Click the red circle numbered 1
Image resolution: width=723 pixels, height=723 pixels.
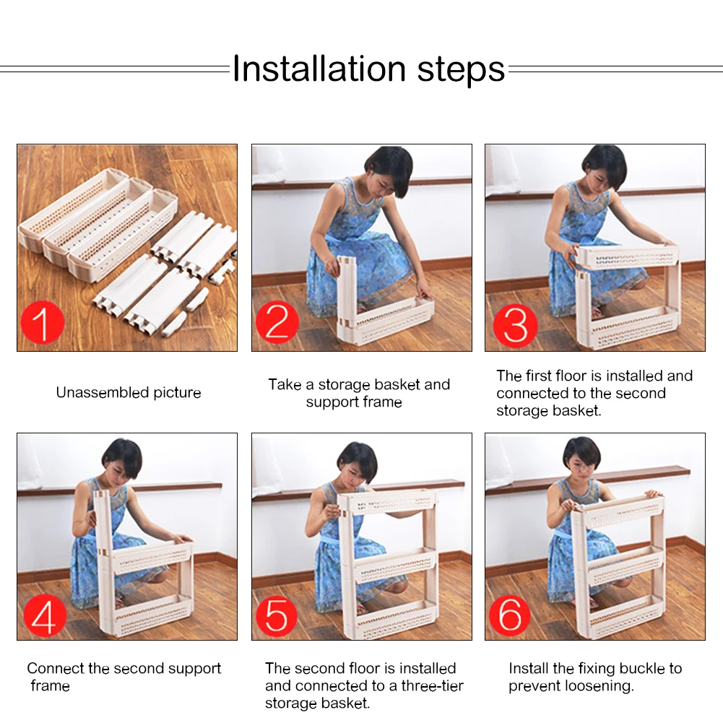click(42, 322)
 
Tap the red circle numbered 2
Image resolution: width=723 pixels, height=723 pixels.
click(277, 322)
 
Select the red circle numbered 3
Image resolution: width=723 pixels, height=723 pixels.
click(516, 326)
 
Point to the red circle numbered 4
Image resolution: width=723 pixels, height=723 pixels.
click(45, 616)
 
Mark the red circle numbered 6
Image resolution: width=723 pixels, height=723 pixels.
click(510, 616)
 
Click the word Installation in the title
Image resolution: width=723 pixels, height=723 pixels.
click(319, 69)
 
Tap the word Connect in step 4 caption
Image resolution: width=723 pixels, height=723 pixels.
click(55, 668)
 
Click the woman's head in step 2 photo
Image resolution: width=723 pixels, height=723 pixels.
click(389, 171)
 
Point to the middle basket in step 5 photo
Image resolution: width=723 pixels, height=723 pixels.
click(395, 564)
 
